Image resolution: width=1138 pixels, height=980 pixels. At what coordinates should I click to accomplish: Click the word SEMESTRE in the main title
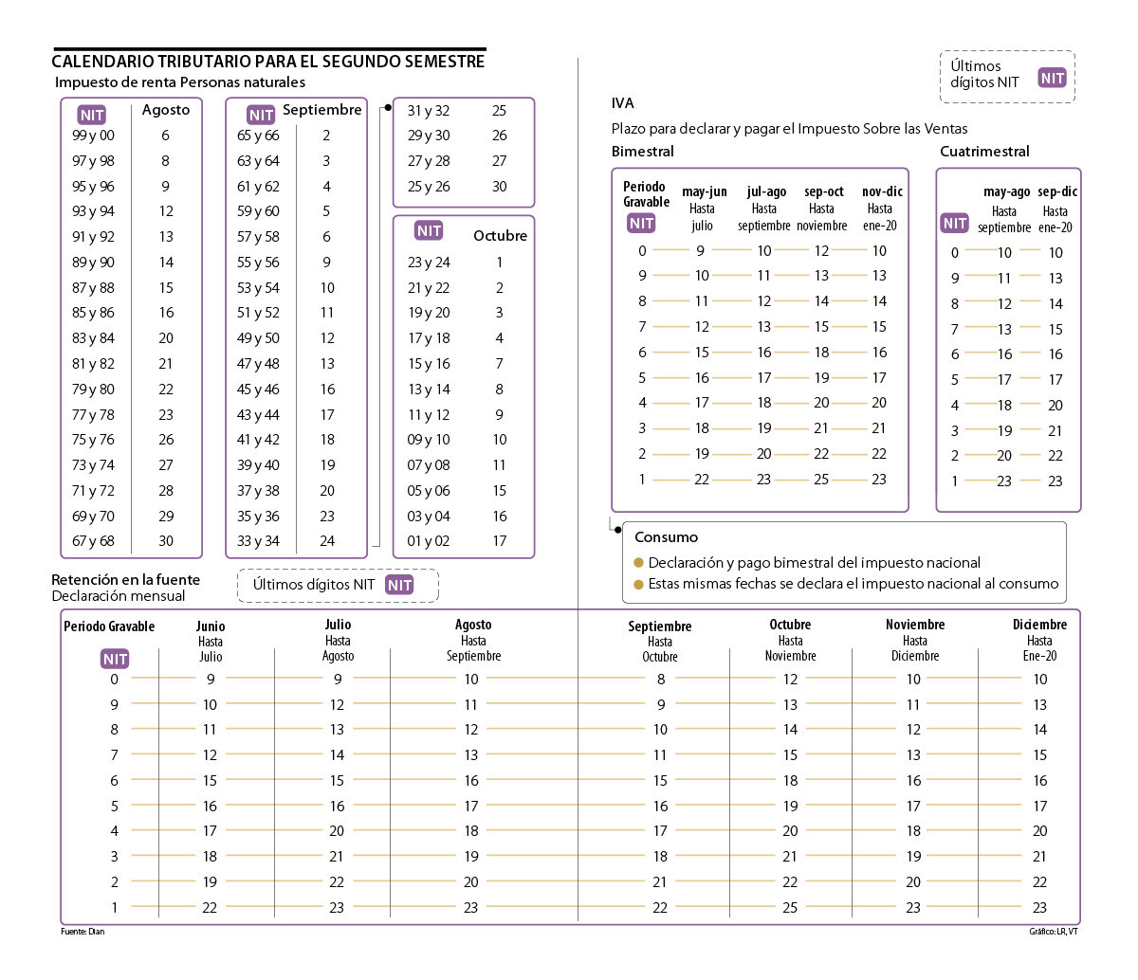click(444, 62)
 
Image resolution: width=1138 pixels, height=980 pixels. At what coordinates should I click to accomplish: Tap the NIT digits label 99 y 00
click(93, 136)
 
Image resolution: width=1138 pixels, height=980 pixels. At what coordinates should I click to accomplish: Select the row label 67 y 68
click(93, 541)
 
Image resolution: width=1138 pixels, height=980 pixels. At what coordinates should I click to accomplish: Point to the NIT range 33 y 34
click(258, 541)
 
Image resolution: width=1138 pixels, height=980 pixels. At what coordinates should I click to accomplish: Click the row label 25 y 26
click(429, 187)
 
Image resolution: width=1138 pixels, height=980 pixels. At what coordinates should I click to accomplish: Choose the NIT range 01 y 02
click(429, 541)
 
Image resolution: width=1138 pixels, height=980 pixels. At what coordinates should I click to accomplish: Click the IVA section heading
click(622, 103)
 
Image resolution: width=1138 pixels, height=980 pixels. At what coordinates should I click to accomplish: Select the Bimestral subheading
click(642, 152)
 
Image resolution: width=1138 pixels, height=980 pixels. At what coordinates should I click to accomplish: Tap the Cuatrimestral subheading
click(984, 152)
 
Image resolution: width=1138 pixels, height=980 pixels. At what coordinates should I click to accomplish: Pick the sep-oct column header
click(823, 191)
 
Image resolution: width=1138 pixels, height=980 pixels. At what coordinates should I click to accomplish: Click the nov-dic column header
click(881, 191)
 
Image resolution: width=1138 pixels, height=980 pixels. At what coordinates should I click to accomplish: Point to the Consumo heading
click(666, 537)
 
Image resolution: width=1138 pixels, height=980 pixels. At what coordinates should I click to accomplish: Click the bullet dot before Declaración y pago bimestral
click(639, 563)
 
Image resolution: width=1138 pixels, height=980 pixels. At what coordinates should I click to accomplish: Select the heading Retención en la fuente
click(125, 580)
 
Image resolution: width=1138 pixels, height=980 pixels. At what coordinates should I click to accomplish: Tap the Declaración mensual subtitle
click(119, 596)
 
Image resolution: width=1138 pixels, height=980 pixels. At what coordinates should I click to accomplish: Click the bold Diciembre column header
click(1039, 625)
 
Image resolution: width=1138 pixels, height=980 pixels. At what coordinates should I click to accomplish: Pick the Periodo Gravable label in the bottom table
click(109, 626)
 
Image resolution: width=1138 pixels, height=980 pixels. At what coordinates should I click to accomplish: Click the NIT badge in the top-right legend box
click(1052, 79)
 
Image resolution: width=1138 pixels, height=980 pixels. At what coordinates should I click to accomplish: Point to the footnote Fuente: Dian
click(83, 932)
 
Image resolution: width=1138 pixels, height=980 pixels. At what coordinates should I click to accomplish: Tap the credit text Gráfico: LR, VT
click(1053, 932)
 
